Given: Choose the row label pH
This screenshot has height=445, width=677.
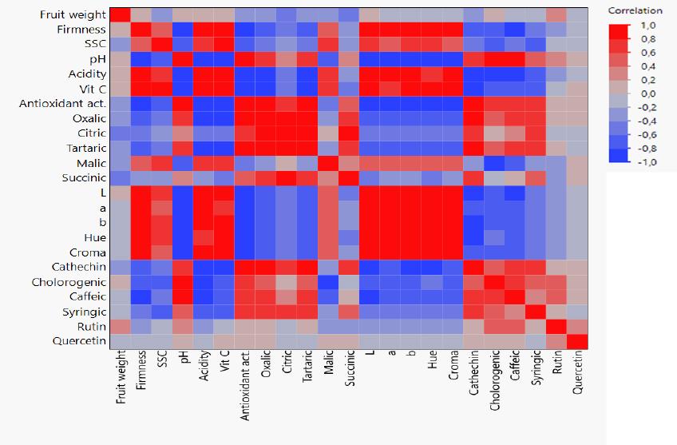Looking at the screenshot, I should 97,60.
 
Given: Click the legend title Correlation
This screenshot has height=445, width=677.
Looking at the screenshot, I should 635,10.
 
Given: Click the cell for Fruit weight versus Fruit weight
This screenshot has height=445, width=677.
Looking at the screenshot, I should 121,15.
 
